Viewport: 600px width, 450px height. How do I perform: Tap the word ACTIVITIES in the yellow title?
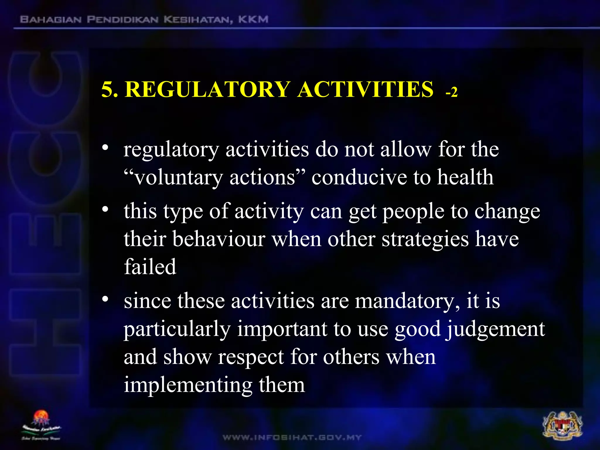[x=365, y=89]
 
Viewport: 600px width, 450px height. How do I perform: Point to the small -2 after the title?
[x=451, y=92]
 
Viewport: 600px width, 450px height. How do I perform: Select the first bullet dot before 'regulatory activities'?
[x=105, y=147]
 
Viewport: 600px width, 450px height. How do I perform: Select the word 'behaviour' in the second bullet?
[x=219, y=239]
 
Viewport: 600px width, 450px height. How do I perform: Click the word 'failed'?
[x=150, y=267]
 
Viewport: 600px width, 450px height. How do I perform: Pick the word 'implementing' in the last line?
[x=188, y=386]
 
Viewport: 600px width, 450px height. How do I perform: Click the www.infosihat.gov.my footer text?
[x=292, y=437]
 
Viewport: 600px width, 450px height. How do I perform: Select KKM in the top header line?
[x=253, y=20]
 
